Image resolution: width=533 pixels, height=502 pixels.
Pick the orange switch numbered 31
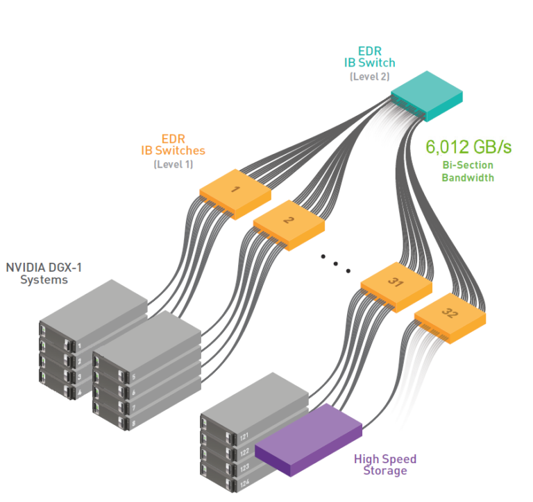coord(396,283)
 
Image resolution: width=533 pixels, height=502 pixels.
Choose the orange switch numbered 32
coord(450,313)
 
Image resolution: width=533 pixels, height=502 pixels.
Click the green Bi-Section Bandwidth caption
coord(468,171)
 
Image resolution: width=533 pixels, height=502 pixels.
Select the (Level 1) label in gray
coord(173,164)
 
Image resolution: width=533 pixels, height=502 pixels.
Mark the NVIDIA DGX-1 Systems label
coord(44,273)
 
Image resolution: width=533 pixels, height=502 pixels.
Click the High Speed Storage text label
coord(385,465)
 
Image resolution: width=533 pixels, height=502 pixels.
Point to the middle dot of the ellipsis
coord(336,263)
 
